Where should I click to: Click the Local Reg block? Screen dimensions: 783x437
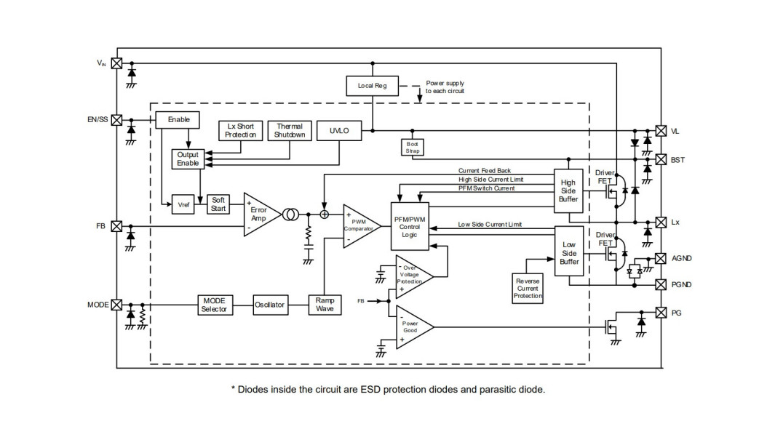(x=373, y=86)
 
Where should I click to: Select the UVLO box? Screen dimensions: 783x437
(x=339, y=131)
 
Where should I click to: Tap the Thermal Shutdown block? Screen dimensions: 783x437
(x=290, y=131)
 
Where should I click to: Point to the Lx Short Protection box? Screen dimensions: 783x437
(x=241, y=131)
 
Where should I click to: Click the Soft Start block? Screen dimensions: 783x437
(x=218, y=204)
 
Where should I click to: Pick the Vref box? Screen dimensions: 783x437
(x=183, y=204)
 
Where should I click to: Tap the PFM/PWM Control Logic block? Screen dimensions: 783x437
(x=410, y=226)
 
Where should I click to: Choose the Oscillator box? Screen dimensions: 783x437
(x=270, y=305)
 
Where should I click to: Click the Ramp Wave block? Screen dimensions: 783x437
(x=325, y=305)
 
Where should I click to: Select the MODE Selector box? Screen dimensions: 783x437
(x=215, y=305)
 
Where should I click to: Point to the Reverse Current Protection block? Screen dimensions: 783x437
(x=528, y=289)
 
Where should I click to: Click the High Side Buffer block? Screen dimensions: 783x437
(x=568, y=191)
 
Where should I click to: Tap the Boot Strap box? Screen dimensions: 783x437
(x=413, y=147)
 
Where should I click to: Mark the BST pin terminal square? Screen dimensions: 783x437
(x=661, y=160)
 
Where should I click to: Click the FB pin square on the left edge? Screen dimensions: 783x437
(x=116, y=226)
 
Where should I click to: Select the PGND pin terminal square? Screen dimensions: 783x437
(x=661, y=285)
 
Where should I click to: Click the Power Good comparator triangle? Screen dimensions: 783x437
(x=413, y=327)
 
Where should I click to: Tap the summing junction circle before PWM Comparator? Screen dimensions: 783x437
(x=325, y=215)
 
